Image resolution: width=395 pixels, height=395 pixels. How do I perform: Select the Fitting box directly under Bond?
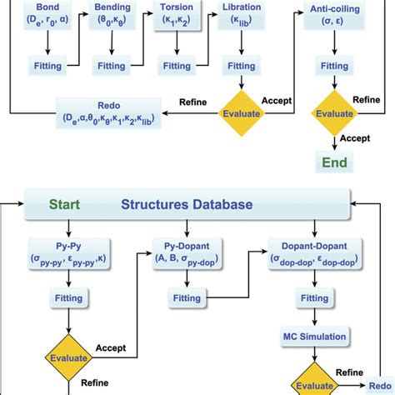(x=42, y=64)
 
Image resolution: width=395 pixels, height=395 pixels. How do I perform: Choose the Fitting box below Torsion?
(x=177, y=64)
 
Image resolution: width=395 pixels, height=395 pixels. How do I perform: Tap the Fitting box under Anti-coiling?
(x=336, y=64)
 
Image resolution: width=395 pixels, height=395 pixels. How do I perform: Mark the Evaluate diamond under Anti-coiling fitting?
(x=336, y=112)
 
